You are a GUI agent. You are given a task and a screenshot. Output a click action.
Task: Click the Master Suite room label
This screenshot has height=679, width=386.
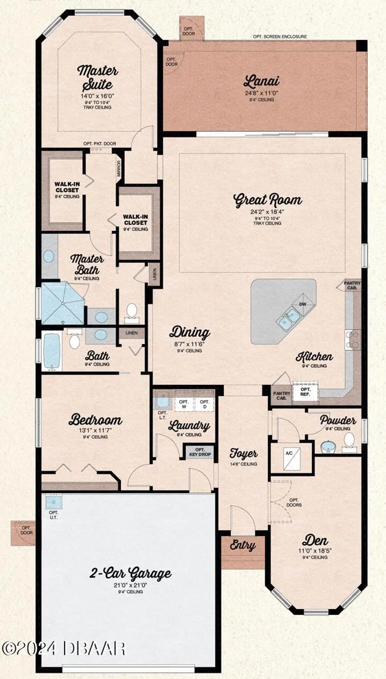pos(97,77)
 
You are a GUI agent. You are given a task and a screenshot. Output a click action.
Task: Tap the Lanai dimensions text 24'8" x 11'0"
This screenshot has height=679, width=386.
pos(262,93)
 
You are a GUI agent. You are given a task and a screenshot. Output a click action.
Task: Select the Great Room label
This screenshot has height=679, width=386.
pos(267,200)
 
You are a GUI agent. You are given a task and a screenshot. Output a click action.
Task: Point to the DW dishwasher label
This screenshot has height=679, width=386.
pos(303,304)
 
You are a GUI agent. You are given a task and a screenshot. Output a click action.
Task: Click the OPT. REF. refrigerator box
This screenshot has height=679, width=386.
pos(305,392)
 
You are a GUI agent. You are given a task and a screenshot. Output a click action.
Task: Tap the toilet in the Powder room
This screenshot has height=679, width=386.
pos(349,440)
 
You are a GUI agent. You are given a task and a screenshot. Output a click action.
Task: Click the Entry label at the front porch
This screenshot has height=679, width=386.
pos(243,545)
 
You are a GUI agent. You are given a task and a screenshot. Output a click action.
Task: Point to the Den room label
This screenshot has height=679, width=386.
pos(315,540)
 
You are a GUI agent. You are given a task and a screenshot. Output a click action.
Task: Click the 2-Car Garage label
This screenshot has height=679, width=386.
pos(130,574)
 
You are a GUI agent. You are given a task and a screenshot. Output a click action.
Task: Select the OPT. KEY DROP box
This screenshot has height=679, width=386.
pos(200,452)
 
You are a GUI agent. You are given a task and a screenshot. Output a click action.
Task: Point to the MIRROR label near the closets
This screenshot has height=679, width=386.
pos(119,169)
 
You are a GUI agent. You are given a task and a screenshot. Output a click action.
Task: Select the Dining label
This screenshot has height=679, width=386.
pos(190,332)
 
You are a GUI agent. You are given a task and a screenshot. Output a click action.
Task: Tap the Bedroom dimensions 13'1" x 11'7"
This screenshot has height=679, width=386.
pos(95,430)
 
